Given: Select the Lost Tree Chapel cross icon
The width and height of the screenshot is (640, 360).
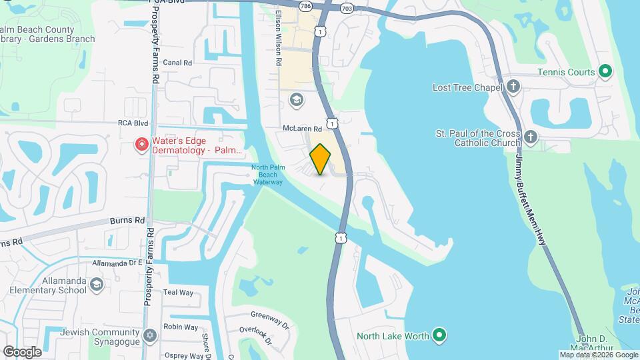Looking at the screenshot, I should (513, 87).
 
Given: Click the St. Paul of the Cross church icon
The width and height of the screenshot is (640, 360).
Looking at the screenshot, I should (530, 137).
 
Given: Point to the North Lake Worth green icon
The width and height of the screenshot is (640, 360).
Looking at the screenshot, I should (439, 335).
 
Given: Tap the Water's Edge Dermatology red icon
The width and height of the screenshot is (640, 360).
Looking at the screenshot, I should (141, 145).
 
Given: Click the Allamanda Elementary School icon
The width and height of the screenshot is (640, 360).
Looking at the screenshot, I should (97, 285).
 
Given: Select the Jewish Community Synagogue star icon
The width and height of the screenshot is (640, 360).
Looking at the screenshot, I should (150, 335).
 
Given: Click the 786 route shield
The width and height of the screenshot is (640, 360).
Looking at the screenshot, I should (305, 6).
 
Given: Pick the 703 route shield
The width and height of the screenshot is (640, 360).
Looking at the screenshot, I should (347, 8).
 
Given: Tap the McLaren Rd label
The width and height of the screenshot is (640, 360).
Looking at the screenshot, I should (302, 128).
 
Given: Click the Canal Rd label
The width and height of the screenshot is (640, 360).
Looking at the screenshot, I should (177, 63).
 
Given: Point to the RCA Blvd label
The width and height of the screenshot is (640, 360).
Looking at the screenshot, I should (132, 123).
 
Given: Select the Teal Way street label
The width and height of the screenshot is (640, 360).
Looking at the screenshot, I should (178, 293).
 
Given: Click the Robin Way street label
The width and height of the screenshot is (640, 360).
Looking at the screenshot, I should (181, 327).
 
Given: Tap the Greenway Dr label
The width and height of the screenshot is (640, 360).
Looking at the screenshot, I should (270, 319).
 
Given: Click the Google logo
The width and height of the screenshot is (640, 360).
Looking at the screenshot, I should (22, 351).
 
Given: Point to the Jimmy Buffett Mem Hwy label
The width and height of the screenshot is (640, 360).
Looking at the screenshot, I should (533, 200).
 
